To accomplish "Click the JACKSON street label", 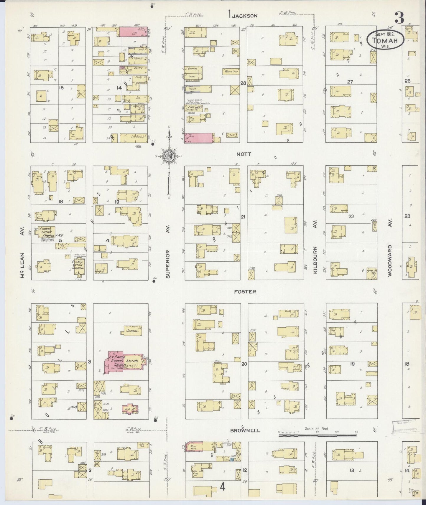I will [244, 16].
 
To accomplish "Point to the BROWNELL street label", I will [245, 430].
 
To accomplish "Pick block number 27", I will [350, 82].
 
